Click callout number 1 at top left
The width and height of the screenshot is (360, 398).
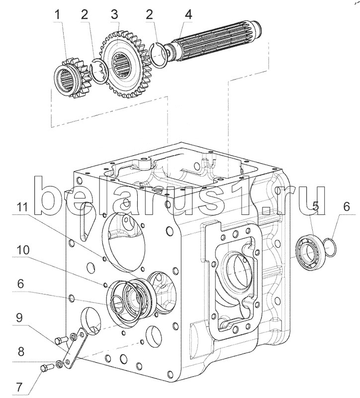point(58,15)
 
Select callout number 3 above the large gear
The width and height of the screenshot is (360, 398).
point(115,15)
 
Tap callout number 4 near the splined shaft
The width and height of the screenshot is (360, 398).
point(188,15)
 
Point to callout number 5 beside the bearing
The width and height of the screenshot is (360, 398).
point(315,206)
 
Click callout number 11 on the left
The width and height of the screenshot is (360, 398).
point(22,207)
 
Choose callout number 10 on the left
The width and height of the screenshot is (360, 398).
point(23,250)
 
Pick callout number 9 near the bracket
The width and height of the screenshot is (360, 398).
point(19,318)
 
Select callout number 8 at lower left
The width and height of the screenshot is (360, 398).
point(20,352)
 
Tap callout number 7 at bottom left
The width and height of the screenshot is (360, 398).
point(19,388)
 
